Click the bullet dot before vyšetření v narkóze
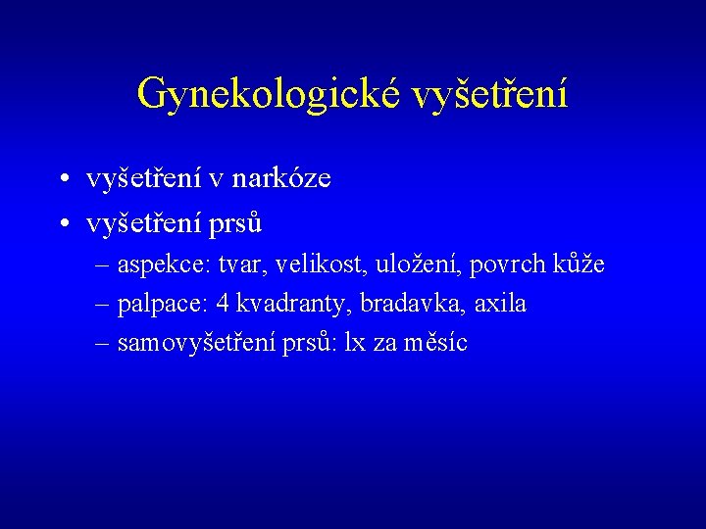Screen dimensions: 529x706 coord(62,180)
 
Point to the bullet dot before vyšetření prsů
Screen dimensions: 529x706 coord(62,225)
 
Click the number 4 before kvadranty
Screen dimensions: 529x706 coord(222,305)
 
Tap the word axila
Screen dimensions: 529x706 coord(500,305)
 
